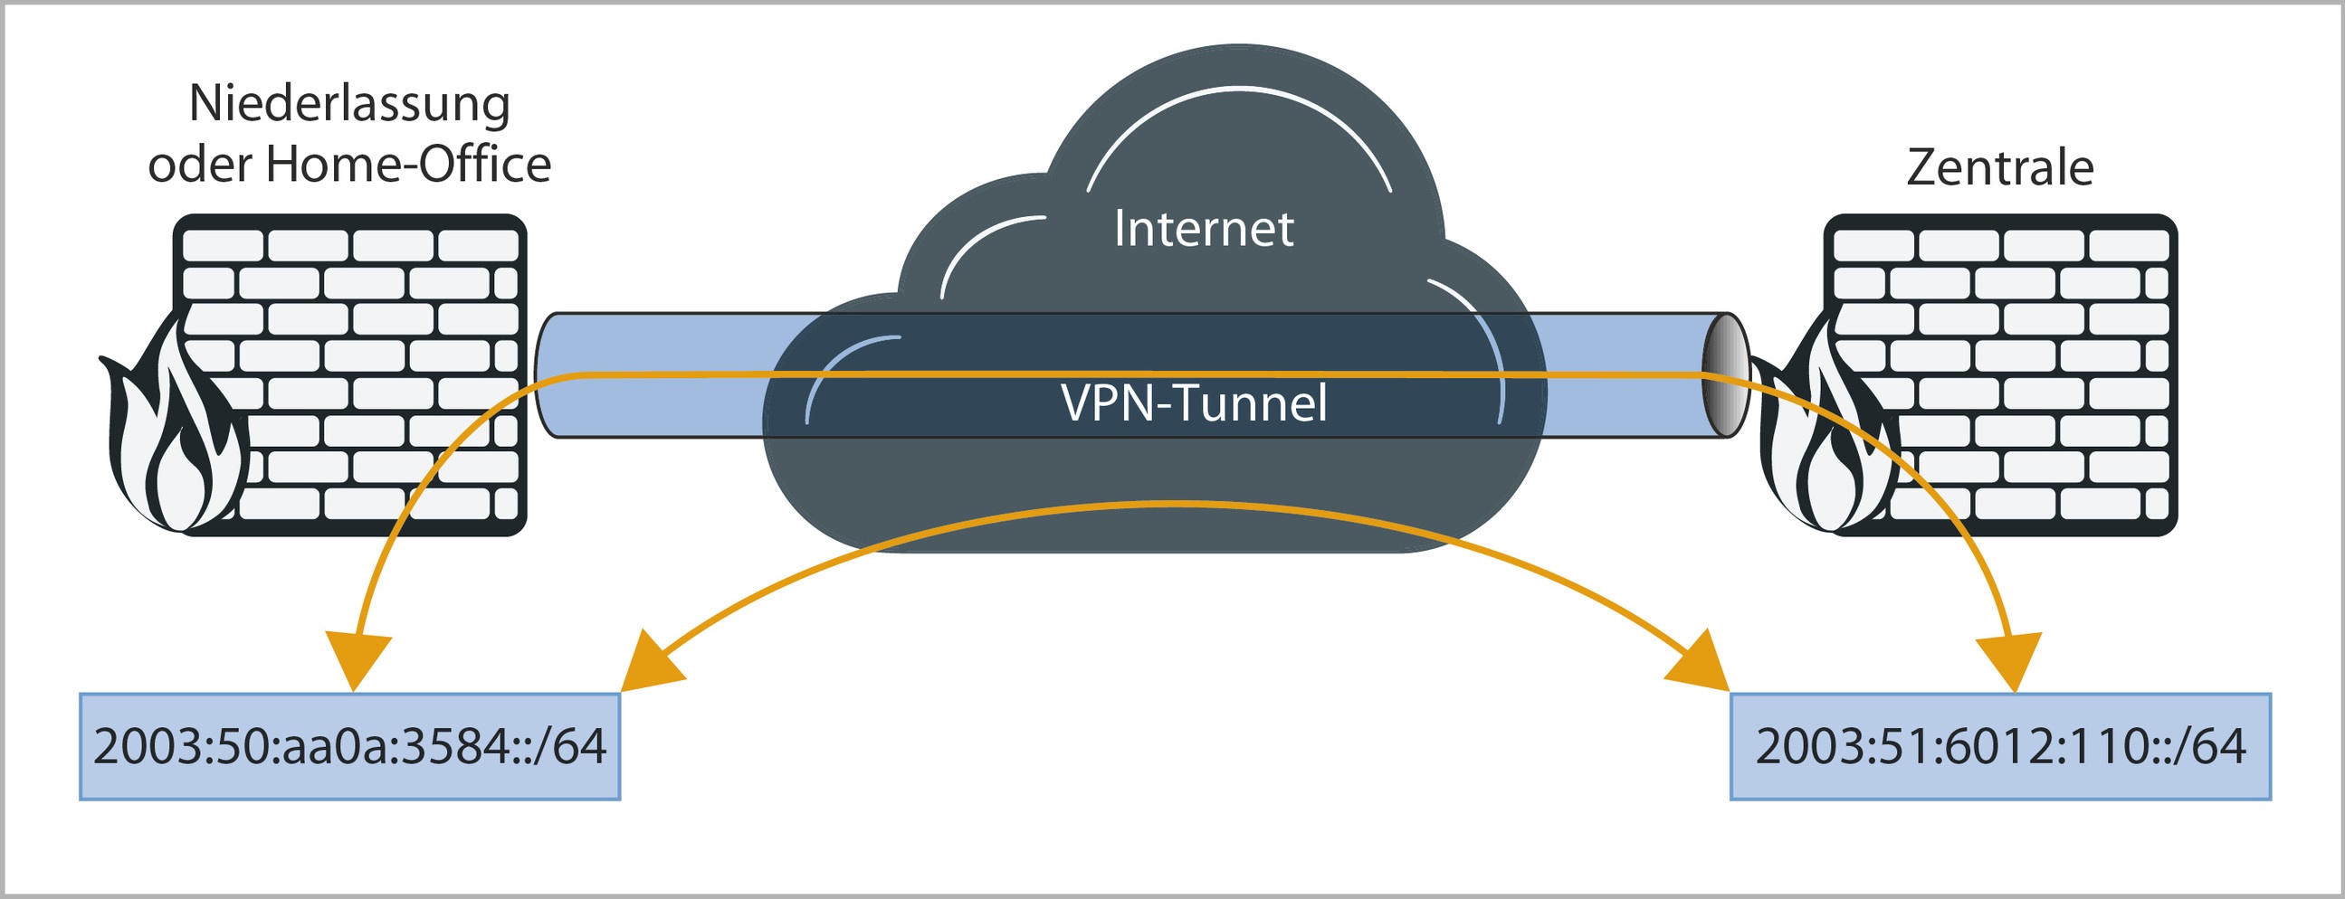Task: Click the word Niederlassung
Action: click(348, 104)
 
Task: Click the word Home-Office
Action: click(408, 166)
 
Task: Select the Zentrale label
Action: click(1999, 167)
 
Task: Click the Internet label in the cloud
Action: click(1204, 229)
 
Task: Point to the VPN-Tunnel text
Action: click(1194, 403)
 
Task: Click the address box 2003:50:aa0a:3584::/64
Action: click(349, 746)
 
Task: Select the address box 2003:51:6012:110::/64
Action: click(2000, 746)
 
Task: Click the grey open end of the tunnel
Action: click(1725, 375)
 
